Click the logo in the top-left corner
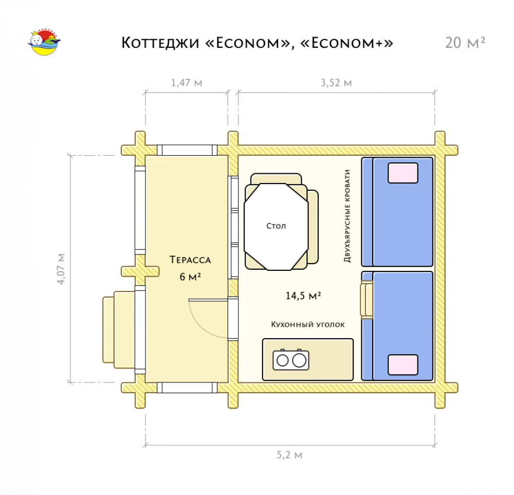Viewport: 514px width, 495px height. click(x=44, y=42)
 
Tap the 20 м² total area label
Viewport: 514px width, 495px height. click(x=465, y=43)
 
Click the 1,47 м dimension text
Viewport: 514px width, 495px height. click(x=187, y=83)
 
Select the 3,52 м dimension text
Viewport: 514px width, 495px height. click(x=336, y=83)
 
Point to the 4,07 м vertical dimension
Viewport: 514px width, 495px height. click(x=61, y=268)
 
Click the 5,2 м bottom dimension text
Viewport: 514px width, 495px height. click(x=289, y=455)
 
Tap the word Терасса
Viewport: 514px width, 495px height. click(x=190, y=260)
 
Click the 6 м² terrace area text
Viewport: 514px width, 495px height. click(x=190, y=277)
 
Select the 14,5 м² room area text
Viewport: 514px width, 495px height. click(x=303, y=296)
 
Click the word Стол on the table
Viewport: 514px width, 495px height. click(x=276, y=226)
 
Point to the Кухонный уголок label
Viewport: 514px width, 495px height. click(x=307, y=324)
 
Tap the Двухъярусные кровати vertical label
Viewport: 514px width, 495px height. click(x=347, y=216)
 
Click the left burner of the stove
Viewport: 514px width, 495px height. click(x=282, y=361)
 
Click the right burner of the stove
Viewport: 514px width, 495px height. click(x=299, y=361)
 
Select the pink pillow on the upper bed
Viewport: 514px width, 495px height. click(x=403, y=173)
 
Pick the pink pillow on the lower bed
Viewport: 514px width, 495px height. click(x=403, y=364)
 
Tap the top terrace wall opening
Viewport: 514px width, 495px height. click(x=187, y=150)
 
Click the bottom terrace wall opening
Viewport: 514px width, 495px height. click(x=187, y=388)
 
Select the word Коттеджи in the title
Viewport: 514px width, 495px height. click(x=160, y=43)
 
